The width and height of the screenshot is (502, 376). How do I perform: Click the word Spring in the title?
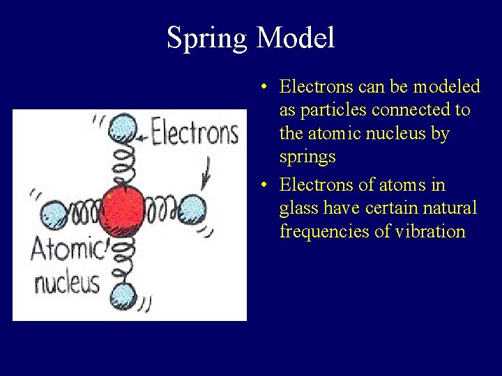point(207,38)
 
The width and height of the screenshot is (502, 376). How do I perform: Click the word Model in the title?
point(296,38)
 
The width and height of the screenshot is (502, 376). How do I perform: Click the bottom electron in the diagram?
point(123,295)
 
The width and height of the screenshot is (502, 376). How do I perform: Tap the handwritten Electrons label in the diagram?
point(195,133)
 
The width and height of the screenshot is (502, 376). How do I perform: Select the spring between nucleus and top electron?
point(123,164)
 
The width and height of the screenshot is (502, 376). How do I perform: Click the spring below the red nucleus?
point(123,258)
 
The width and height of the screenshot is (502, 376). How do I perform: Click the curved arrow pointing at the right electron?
point(206,172)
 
